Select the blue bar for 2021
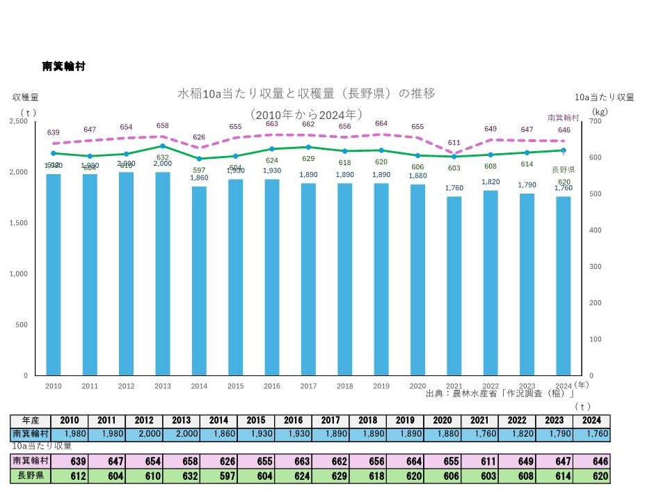[454, 286]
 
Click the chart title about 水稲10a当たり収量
[307, 93]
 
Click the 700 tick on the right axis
[596, 121]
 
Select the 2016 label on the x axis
[271, 385]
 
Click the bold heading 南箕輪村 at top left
[64, 66]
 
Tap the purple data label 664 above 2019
[381, 123]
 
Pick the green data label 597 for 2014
[199, 171]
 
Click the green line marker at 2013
[162, 146]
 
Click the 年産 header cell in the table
[31, 421]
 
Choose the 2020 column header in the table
[443, 421]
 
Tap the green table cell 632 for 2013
[181, 477]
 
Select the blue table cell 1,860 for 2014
[218, 434]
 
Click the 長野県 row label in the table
[31, 477]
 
